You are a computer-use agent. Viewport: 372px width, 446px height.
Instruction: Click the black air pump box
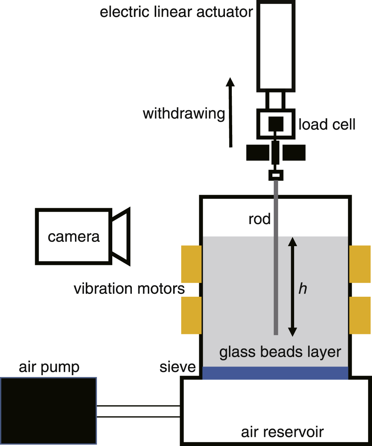point(49,411)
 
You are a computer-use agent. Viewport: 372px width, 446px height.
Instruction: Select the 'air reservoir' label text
point(282,432)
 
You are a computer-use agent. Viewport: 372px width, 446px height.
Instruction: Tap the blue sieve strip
point(275,373)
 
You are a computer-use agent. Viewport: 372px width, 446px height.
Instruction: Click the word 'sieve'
point(177,367)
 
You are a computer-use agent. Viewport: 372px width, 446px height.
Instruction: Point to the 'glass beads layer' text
point(280,352)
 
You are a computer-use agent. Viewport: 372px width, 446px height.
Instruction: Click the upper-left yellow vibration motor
point(191,264)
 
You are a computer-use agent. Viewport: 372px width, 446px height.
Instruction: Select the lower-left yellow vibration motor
point(191,315)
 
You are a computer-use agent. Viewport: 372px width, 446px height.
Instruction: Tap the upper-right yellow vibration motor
point(360,264)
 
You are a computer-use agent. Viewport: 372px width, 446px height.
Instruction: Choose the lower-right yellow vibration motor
point(360,315)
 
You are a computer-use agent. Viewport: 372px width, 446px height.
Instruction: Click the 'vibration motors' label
point(129,289)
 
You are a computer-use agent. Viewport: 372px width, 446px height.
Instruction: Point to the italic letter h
point(302,289)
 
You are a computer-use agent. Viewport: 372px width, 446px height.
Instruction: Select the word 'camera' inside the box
point(74,237)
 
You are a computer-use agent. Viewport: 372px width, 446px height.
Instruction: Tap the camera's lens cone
point(121,237)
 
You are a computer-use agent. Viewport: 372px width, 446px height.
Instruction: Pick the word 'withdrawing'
point(184,113)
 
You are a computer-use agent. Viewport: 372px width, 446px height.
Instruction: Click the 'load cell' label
point(327,124)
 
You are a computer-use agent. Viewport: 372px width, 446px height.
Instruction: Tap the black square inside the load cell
point(276,124)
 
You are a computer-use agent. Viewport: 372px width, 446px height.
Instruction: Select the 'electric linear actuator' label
point(176,12)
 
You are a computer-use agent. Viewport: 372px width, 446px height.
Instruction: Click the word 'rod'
point(259,219)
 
